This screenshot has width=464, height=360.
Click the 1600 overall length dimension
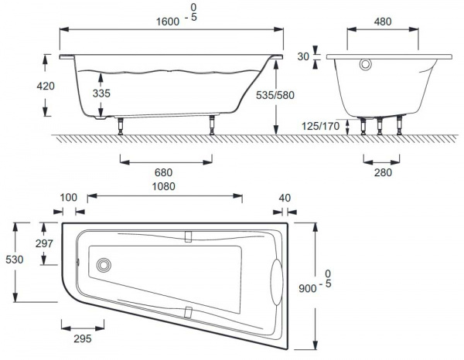click(x=168, y=22)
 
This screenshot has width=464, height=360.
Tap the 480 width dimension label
click(x=383, y=22)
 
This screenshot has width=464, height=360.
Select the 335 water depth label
click(x=101, y=93)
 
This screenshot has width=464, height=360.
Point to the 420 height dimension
click(x=46, y=86)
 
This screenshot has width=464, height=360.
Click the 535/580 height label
click(x=275, y=95)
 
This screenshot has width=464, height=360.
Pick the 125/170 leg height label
click(x=320, y=126)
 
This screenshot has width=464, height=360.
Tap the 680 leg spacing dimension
click(x=163, y=172)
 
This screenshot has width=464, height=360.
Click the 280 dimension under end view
click(x=383, y=172)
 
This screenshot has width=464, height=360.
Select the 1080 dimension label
click(x=164, y=186)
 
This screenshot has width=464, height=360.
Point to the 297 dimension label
click(x=44, y=243)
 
